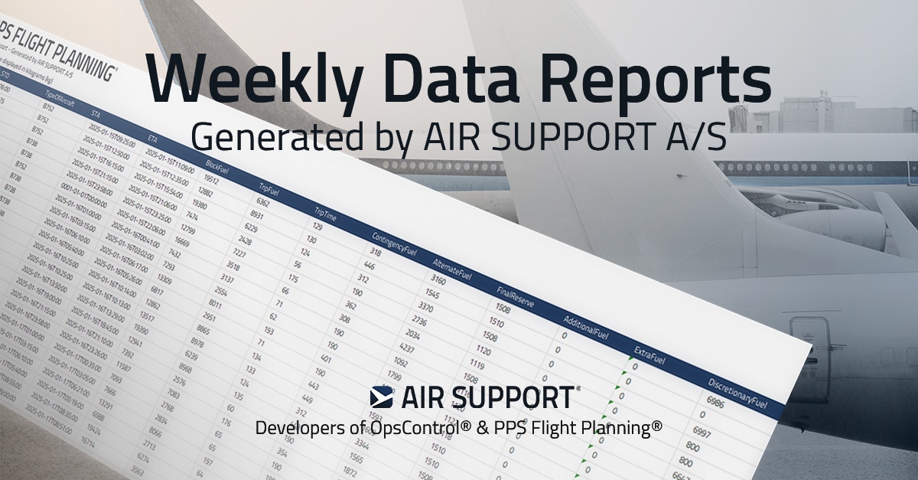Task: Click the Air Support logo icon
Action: click(381, 397)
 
